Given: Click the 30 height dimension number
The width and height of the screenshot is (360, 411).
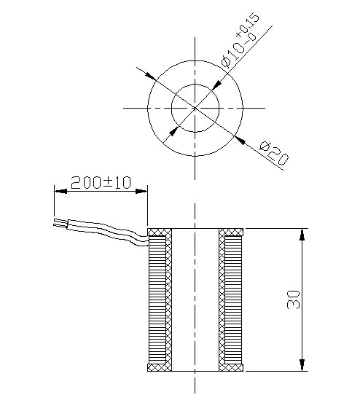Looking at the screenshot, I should click(293, 299).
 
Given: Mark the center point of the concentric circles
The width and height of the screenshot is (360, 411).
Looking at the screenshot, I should click(195, 108).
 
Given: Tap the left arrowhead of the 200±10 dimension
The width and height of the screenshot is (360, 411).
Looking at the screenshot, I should click(60, 192).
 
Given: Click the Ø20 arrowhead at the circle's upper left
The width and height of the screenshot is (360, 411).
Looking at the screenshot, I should click(150, 76).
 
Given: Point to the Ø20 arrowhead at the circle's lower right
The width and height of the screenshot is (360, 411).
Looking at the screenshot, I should click(240, 139).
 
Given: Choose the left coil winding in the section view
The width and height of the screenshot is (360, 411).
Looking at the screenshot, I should click(157, 300).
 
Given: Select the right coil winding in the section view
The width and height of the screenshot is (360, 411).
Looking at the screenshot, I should click(233, 300).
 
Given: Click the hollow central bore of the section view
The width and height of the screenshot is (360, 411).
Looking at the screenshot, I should click(195, 300).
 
